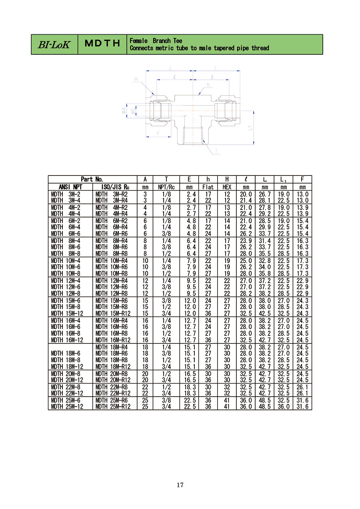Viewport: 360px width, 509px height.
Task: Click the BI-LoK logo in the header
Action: pyautogui.click(x=54, y=44)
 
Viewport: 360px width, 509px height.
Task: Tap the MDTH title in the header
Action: pyautogui.click(x=102, y=43)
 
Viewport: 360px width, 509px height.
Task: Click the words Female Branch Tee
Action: pyautogui.click(x=156, y=41)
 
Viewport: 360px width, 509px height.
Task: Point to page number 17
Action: pyautogui.click(x=180, y=485)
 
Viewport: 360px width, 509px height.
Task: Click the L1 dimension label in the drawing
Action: pyautogui.click(x=250, y=128)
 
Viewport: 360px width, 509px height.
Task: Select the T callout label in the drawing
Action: pyautogui.click(x=216, y=151)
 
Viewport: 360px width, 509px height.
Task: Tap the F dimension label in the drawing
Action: pyautogui.click(x=158, y=134)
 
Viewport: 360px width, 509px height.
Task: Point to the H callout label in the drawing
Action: pyautogui.click(x=136, y=79)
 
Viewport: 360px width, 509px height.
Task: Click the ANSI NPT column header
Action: pyautogui.click(x=70, y=187)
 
